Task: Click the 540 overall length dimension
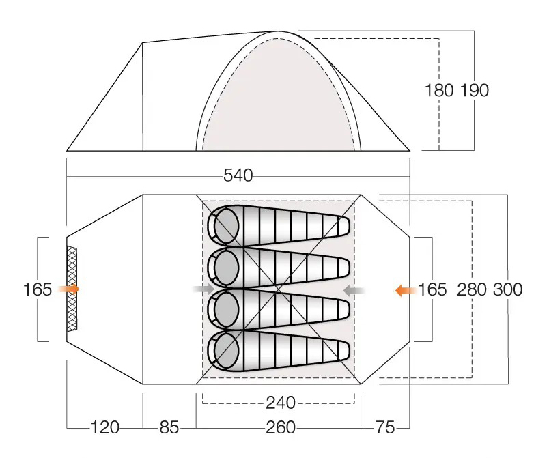point(238,175)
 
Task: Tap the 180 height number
point(439,90)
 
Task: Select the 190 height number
point(474,90)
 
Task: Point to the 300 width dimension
point(507,289)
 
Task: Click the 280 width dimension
point(472,289)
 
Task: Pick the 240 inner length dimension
point(281,403)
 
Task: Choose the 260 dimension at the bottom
point(281,427)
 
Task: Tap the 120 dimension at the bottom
point(105,427)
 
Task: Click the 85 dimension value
point(169,427)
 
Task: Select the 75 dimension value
point(385,427)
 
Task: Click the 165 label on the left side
point(38,289)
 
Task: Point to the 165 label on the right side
point(432,289)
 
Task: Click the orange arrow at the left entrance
point(68,289)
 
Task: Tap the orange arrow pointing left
point(406,290)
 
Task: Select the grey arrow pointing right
point(203,289)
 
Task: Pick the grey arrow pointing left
point(354,290)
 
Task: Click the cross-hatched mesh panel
point(72,289)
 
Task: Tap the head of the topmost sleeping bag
point(223,225)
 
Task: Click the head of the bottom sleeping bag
point(223,351)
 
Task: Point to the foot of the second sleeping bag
point(342,268)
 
